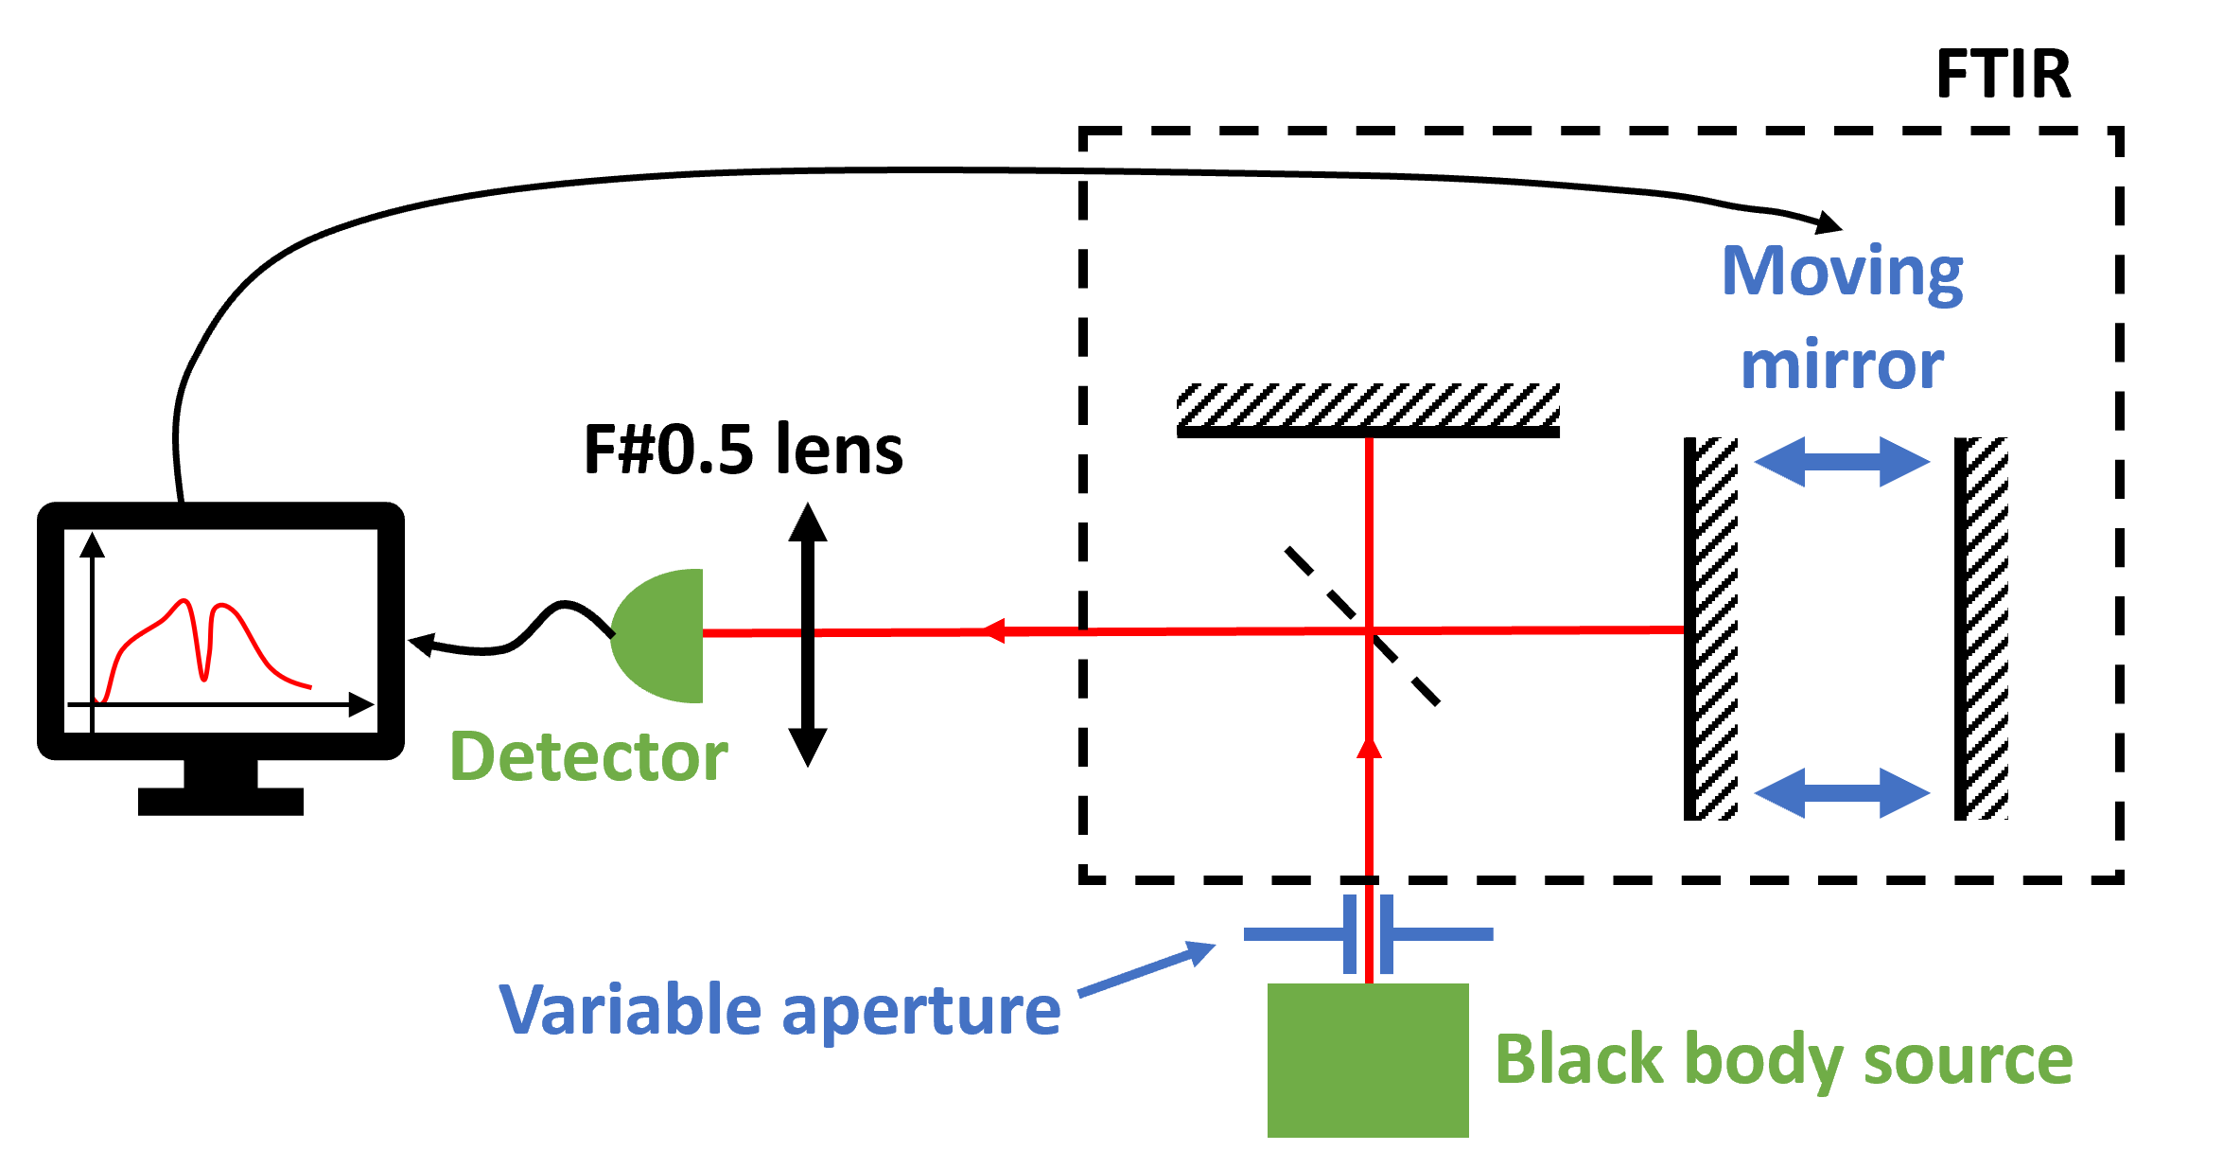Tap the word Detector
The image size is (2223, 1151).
point(588,757)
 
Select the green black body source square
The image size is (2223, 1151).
point(1368,1060)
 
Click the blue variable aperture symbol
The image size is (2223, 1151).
point(1368,934)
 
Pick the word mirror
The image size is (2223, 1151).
point(1842,365)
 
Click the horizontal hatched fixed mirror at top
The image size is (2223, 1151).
point(1368,404)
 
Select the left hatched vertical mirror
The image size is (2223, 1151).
point(1716,629)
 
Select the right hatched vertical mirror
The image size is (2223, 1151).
point(1987,629)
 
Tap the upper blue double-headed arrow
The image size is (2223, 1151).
point(1842,462)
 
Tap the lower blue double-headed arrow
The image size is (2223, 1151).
point(1842,793)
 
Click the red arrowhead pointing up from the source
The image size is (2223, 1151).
point(1369,748)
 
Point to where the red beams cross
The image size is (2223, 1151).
point(1369,629)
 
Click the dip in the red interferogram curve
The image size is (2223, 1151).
point(203,674)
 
